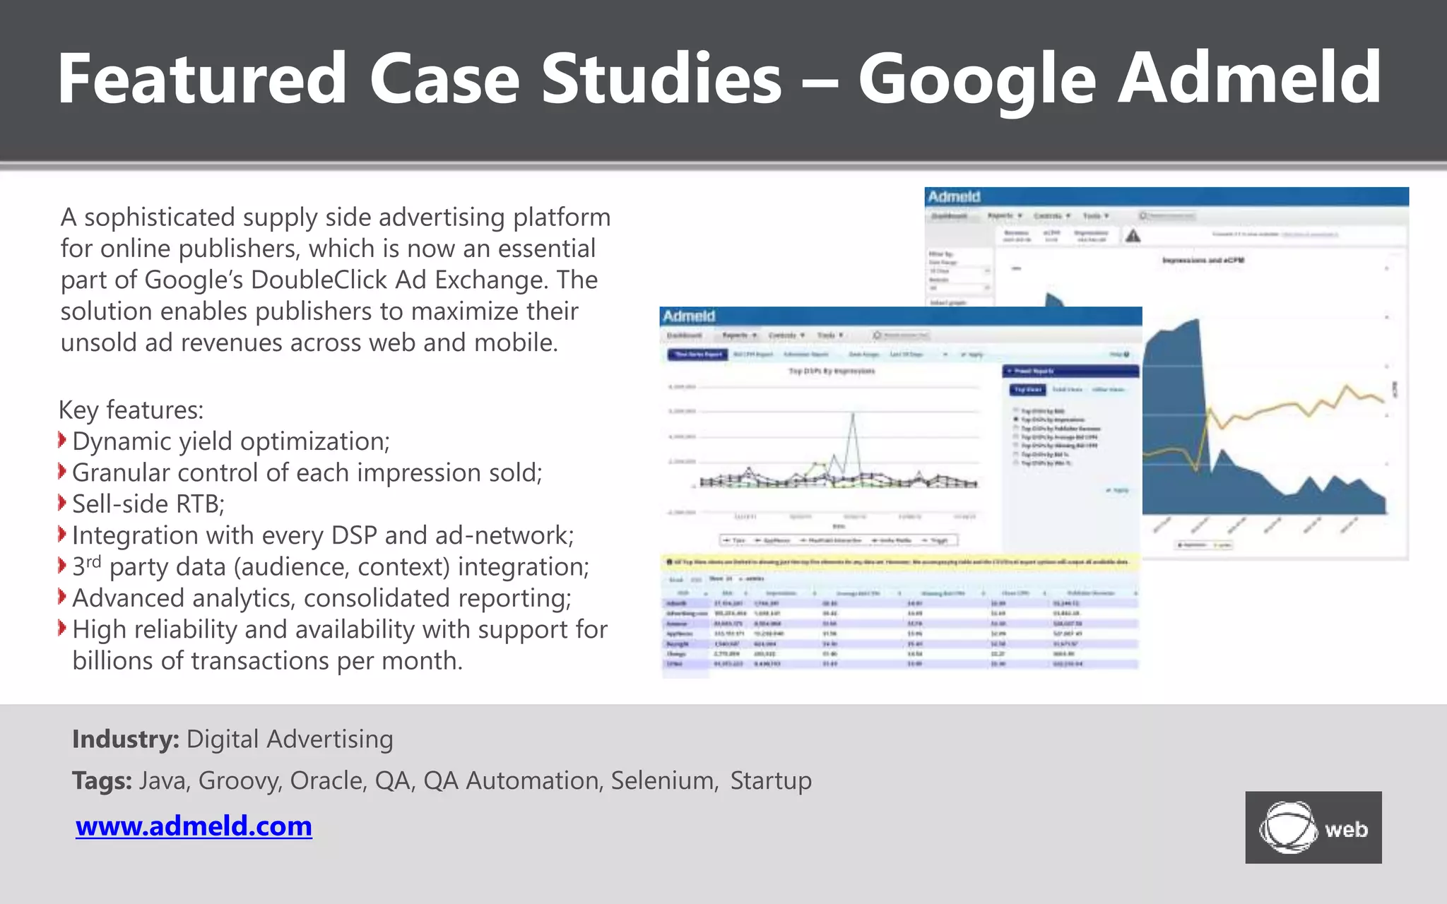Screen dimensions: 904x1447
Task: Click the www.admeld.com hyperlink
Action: [194, 826]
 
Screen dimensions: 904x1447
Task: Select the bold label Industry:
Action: [125, 739]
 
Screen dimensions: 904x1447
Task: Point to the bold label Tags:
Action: [102, 780]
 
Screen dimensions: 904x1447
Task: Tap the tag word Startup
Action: [771, 780]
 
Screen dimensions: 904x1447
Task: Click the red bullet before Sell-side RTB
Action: [63, 503]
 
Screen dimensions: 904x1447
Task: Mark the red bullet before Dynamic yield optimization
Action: [63, 440]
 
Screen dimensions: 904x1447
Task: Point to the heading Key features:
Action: [131, 410]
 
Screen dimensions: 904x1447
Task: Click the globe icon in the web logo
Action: [1287, 827]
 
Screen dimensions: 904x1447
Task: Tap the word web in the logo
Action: [1346, 829]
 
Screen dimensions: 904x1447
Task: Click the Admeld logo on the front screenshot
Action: [689, 316]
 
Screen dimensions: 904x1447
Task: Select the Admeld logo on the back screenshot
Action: [954, 196]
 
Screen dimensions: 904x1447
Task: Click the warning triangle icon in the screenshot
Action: [1133, 236]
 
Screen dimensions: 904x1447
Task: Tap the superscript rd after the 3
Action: [94, 561]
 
